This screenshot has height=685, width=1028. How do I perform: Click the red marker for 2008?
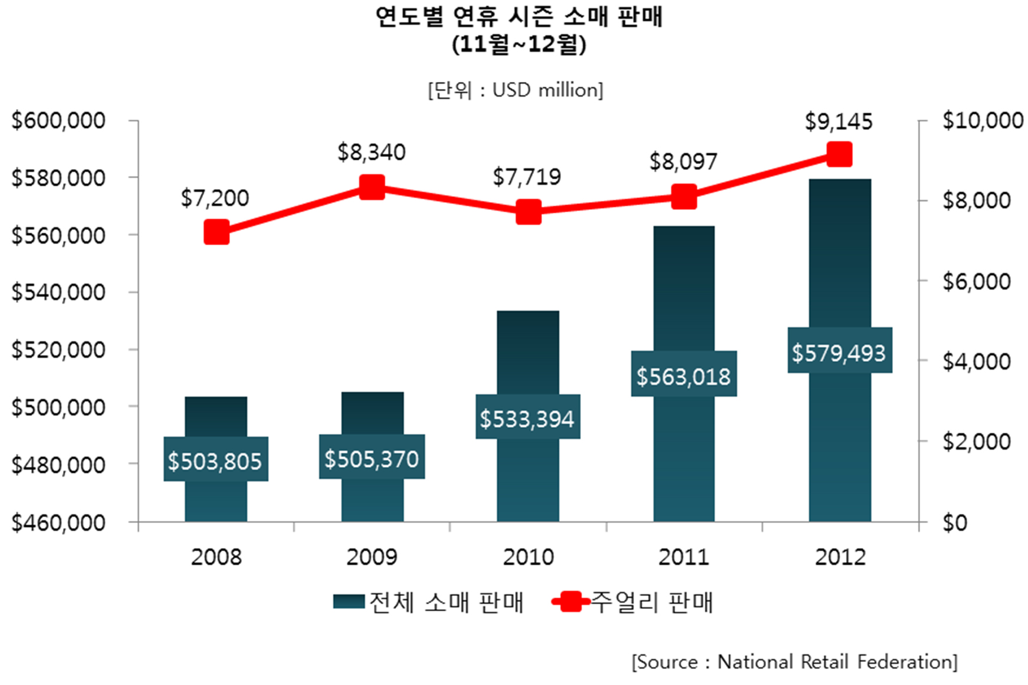tap(216, 232)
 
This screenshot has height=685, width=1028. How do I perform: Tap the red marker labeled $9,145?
tap(839, 154)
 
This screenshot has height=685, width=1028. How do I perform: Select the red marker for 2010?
tap(528, 212)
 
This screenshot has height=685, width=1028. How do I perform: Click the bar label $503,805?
tap(215, 460)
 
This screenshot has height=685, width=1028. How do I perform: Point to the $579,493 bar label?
tap(839, 353)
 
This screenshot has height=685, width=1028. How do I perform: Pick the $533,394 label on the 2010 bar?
tap(527, 418)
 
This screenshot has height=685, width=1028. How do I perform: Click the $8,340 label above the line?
tap(372, 152)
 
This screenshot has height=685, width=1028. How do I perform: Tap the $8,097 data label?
tap(683, 162)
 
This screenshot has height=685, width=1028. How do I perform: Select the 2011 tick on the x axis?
tap(684, 556)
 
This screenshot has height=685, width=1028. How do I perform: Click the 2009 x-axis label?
tap(372, 556)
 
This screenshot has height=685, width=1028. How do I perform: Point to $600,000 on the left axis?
tap(58, 120)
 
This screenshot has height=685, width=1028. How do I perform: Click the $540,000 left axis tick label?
tap(58, 292)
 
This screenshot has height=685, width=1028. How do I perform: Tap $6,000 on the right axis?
tap(976, 281)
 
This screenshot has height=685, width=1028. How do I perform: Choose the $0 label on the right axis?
tap(954, 522)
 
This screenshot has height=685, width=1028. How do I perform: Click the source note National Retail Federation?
tap(794, 661)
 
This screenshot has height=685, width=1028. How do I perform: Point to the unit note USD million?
tap(515, 90)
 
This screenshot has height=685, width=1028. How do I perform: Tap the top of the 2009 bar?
tap(372, 393)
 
